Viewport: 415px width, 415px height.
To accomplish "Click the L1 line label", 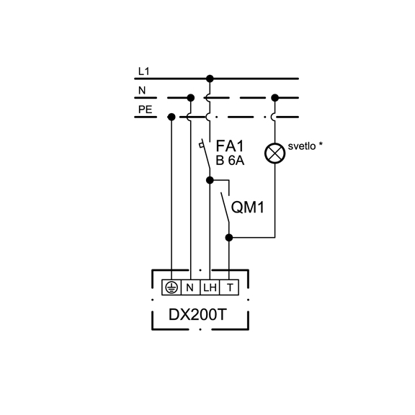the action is click(x=143, y=71).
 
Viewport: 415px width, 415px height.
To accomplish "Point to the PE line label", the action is click(x=145, y=110).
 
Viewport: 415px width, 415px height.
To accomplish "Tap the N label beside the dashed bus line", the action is click(x=142, y=91).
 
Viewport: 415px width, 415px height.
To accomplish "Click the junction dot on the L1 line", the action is click(x=210, y=79).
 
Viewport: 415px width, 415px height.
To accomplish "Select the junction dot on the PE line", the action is click(x=171, y=117).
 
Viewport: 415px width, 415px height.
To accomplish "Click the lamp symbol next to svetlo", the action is click(x=275, y=153).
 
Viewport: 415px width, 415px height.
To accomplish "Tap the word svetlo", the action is click(x=302, y=146).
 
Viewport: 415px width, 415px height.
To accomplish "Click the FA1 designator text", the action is click(x=229, y=146).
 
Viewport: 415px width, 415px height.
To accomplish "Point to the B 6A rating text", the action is click(x=230, y=161).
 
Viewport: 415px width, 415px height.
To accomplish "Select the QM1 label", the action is click(x=248, y=207).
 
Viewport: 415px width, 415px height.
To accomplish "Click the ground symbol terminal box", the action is click(x=171, y=287).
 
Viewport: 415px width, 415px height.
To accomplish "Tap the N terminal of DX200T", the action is click(x=190, y=287).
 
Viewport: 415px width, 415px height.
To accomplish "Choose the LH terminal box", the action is click(x=210, y=287).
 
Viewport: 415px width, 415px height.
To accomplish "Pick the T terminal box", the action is click(x=229, y=287).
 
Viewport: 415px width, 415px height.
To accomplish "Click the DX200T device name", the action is click(x=197, y=315).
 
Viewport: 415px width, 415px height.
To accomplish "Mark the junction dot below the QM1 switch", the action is click(x=229, y=238).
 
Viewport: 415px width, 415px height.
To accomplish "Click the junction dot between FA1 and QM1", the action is click(x=210, y=180).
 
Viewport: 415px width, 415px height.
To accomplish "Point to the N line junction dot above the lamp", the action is click(x=275, y=98).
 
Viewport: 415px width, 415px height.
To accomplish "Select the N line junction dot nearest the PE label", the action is click(x=190, y=98).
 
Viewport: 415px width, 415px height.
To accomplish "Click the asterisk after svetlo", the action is click(x=321, y=144).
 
